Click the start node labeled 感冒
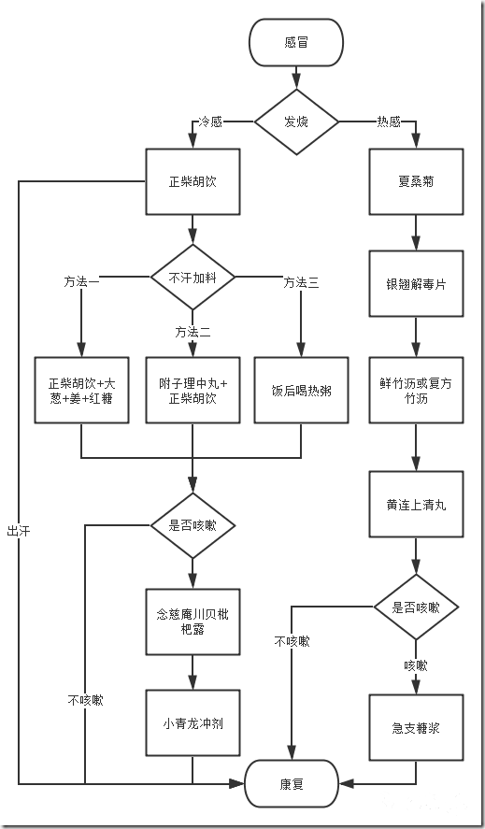pos(295,42)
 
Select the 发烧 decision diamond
pos(295,121)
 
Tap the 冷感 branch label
pos(209,121)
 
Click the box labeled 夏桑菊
pos(415,181)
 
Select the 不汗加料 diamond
pos(193,277)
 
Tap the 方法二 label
pos(193,332)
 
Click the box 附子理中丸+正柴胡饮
pos(193,391)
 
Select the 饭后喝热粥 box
pos(301,391)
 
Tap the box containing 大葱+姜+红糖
pos(82,391)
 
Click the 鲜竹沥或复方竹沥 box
pos(415,391)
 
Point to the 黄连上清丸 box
pos(415,504)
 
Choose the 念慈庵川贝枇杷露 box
pos(193,622)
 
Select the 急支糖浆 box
pos(415,727)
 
